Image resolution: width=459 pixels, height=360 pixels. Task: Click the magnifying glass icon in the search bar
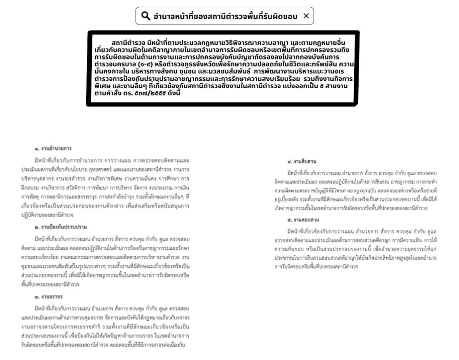[x=145, y=16]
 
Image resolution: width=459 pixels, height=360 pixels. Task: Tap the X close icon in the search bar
[x=306, y=16]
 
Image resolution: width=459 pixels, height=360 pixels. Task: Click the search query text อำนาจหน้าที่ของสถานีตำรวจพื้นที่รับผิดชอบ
[x=225, y=16]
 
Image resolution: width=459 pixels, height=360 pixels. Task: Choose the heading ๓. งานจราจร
[x=48, y=297]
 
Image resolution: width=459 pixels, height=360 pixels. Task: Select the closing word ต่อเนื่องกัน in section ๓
[x=173, y=345]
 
